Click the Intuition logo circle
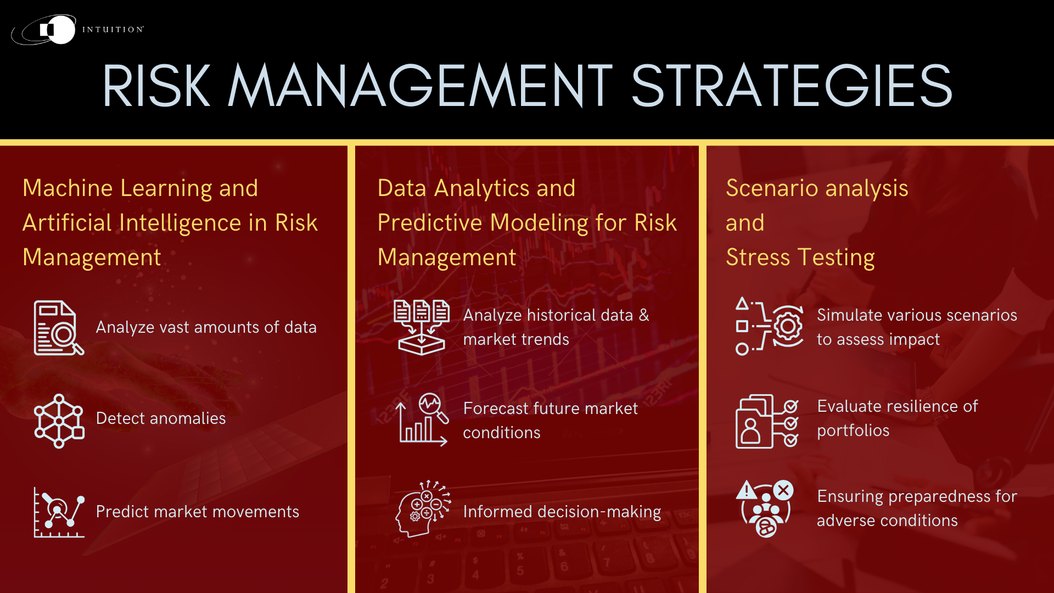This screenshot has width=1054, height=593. pyautogui.click(x=57, y=30)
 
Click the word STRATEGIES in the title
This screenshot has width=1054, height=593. pyautogui.click(x=792, y=86)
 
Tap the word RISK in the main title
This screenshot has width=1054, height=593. pyautogui.click(x=156, y=86)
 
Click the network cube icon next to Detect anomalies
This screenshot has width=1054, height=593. pyautogui.click(x=59, y=421)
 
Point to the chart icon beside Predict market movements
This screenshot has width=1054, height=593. pyautogui.click(x=59, y=512)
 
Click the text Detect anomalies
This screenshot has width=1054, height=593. pyautogui.click(x=160, y=418)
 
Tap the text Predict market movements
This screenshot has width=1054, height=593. pyautogui.click(x=197, y=512)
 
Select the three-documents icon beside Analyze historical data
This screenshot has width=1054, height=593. pyautogui.click(x=422, y=327)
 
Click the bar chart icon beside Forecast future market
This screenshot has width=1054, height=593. pyautogui.click(x=422, y=420)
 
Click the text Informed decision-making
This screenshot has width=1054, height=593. pyautogui.click(x=562, y=512)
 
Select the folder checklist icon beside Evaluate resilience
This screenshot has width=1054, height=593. pyautogui.click(x=766, y=421)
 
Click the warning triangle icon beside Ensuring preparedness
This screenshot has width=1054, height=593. pyautogui.click(x=747, y=490)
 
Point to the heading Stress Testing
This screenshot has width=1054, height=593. pyautogui.click(x=800, y=258)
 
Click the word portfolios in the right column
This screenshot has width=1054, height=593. pyautogui.click(x=853, y=430)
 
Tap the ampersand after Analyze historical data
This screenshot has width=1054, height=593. pyautogui.click(x=644, y=315)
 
